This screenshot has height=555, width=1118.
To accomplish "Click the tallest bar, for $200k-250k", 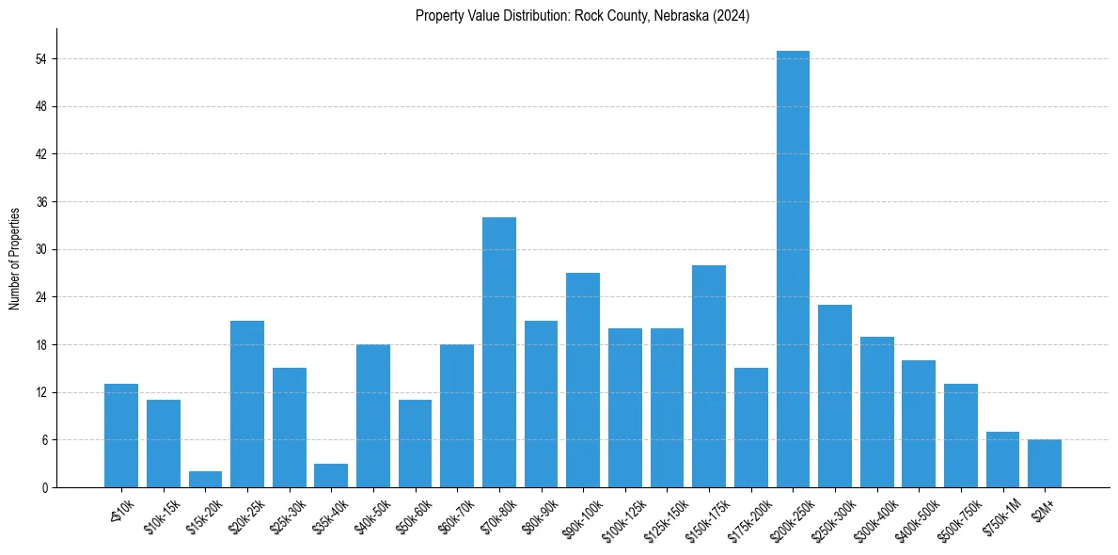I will pyautogui.click(x=793, y=269).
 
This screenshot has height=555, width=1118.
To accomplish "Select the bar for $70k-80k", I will pyautogui.click(x=499, y=353).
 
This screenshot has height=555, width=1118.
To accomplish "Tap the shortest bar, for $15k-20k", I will pyautogui.click(x=205, y=480).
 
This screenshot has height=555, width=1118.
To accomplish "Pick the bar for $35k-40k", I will pyautogui.click(x=331, y=476).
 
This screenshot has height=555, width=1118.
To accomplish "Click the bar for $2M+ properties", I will pyautogui.click(x=1045, y=464).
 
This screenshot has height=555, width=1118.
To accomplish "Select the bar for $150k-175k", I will pyautogui.click(x=709, y=376).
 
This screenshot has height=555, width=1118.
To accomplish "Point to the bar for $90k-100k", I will pyautogui.click(x=583, y=380).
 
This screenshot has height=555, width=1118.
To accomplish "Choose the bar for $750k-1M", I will pyautogui.click(x=1002, y=460).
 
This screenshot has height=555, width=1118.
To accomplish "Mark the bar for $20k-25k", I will pyautogui.click(x=247, y=404).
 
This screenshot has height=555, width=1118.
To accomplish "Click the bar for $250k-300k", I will pyautogui.click(x=835, y=396).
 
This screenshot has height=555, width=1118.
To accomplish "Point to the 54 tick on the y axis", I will pyautogui.click(x=40, y=59).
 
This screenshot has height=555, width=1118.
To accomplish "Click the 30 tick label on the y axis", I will pyautogui.click(x=40, y=250).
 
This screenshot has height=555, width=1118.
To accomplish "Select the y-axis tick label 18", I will pyautogui.click(x=40, y=345).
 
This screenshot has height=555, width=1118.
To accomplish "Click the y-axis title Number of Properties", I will pyautogui.click(x=15, y=258).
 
